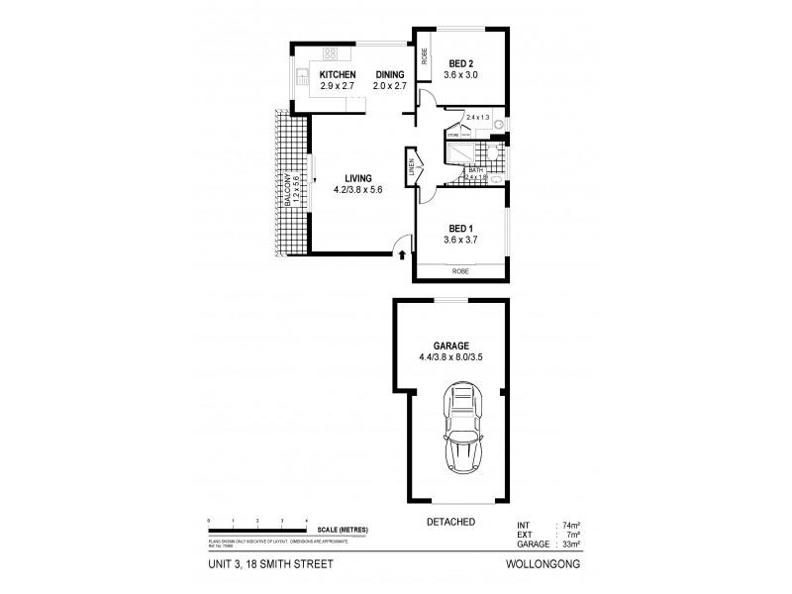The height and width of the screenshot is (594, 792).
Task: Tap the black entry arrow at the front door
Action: point(402,256)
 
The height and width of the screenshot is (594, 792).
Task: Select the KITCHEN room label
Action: point(338,75)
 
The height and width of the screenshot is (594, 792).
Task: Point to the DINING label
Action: point(388,75)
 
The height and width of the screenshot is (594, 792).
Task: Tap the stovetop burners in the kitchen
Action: point(330,53)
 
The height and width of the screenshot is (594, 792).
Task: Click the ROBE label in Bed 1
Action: point(459,270)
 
